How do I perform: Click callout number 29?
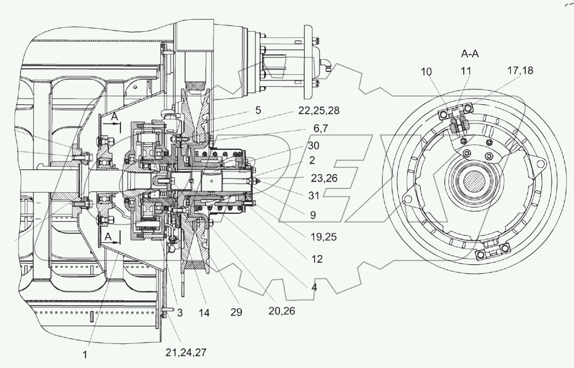tap(236, 312)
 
